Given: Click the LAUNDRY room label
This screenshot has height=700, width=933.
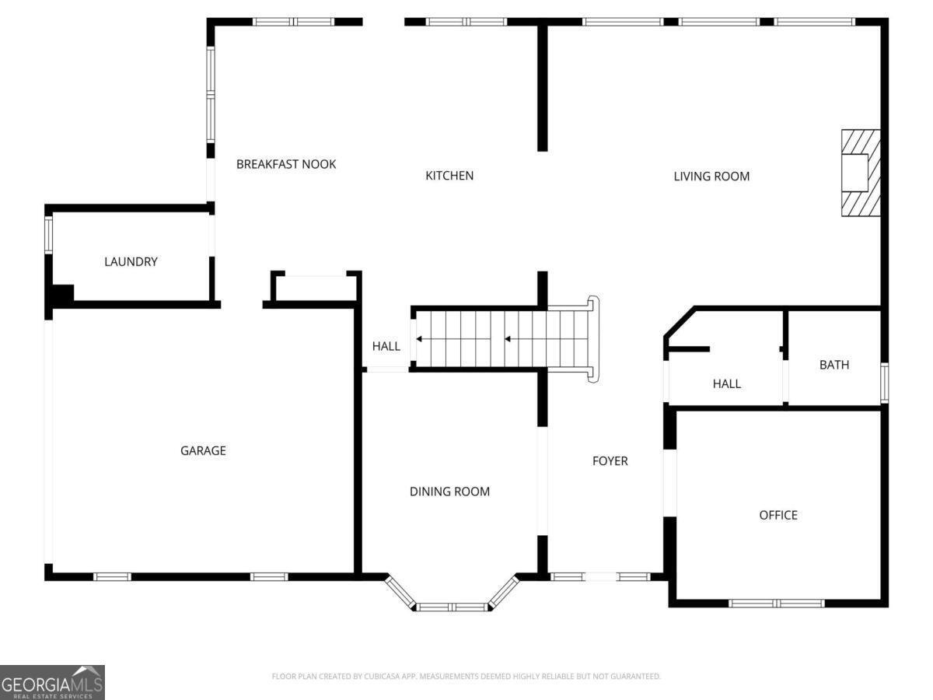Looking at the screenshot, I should coord(131,262).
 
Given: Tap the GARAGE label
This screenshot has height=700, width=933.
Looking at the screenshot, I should coord(203,450).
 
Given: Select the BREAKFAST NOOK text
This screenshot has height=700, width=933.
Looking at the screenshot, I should coord(286,164).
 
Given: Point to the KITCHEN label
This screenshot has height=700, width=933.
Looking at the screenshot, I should coord(449,176).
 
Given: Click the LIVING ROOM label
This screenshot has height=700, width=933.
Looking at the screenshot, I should coord(711,177).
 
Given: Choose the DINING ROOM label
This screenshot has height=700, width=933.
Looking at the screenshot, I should coord(449,492).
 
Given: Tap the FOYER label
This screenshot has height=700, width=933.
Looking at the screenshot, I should coord(610,461).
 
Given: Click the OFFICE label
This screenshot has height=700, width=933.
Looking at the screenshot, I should coord(778,515).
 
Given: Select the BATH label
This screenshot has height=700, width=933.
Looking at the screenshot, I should coord(834,365).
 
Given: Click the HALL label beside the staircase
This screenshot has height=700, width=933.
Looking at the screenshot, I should coord(386,346).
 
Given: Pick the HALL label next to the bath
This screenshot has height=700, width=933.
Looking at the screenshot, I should coord(727,383).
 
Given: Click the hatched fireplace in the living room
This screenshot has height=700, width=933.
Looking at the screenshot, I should coord(860,173).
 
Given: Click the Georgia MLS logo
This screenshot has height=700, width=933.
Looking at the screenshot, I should coord(52,682).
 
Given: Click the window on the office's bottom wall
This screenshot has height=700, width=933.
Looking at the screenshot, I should coord(777,603).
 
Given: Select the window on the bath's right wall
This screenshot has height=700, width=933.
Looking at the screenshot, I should coord(884,383).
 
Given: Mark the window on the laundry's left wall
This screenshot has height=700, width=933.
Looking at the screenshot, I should coord(48,234).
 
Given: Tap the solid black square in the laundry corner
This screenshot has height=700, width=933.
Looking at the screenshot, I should coord(61,295).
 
